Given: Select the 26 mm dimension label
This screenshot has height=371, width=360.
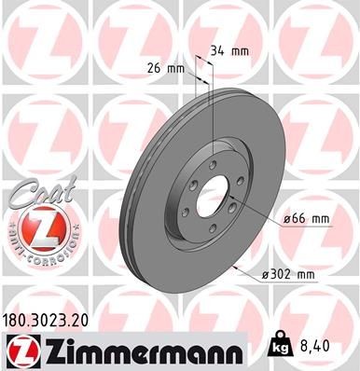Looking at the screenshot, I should click(x=163, y=67).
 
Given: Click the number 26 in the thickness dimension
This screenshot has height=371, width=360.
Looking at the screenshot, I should click(x=155, y=67).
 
